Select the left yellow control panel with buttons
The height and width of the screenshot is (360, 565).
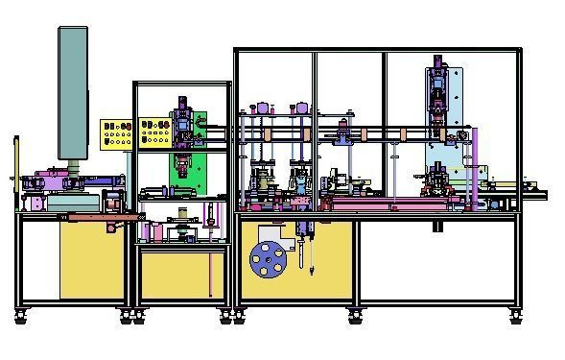(x=117, y=132)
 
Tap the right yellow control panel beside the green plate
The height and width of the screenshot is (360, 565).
(x=153, y=132)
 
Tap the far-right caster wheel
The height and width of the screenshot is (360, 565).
(x=516, y=314)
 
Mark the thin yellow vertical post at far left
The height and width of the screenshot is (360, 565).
(x=15, y=173)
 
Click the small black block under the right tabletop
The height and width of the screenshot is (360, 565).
(x=437, y=228)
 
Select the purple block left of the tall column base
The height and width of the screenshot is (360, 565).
(x=43, y=179)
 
